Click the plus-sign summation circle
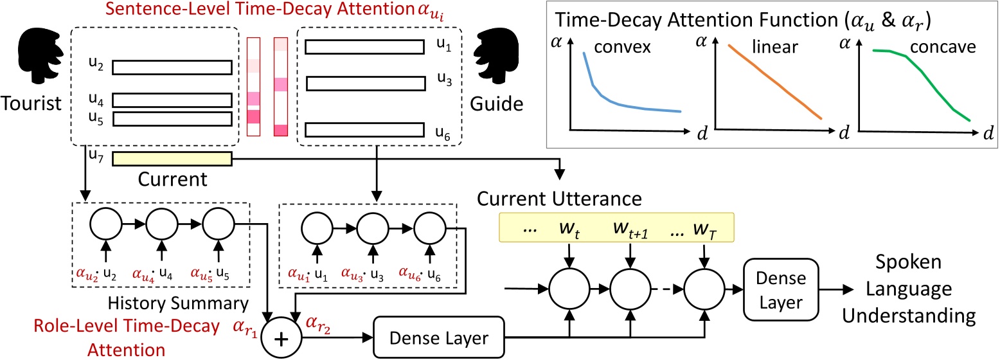(277, 340)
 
